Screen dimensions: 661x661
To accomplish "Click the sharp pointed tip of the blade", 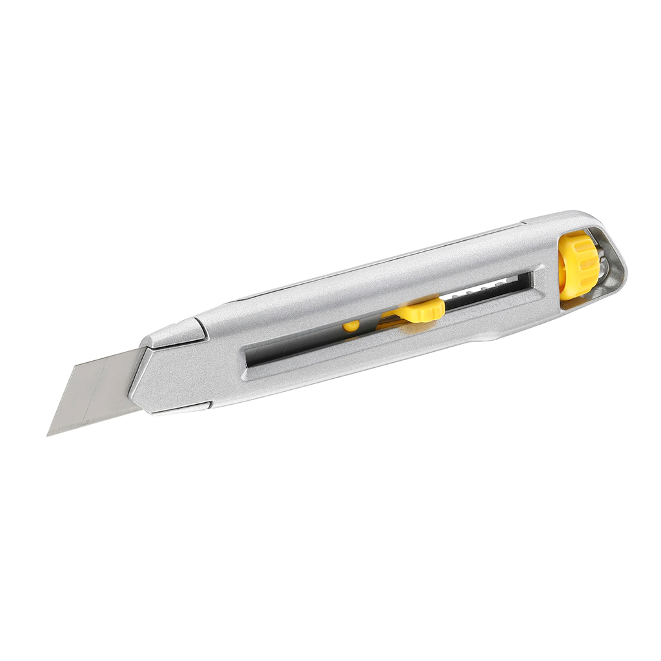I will tap(48, 434).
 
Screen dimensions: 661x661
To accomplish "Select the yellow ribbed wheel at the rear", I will tap(578, 265).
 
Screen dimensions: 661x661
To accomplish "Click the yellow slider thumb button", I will tap(423, 310).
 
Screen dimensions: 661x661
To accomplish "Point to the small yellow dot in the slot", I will tap(351, 326).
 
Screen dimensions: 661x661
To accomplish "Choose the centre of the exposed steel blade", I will tap(97, 391).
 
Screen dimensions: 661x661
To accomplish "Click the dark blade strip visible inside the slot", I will tap(303, 342).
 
